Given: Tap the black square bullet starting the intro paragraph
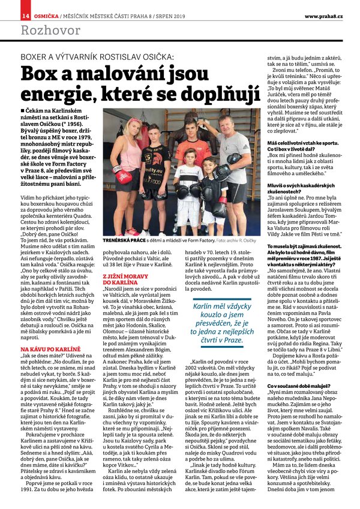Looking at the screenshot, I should [x=23, y=111].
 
